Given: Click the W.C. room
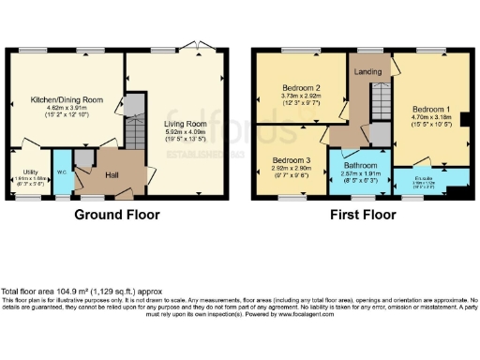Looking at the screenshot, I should click(x=60, y=174).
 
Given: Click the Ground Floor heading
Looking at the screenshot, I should click(x=117, y=215).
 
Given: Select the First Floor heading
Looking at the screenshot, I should click(x=362, y=215).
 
